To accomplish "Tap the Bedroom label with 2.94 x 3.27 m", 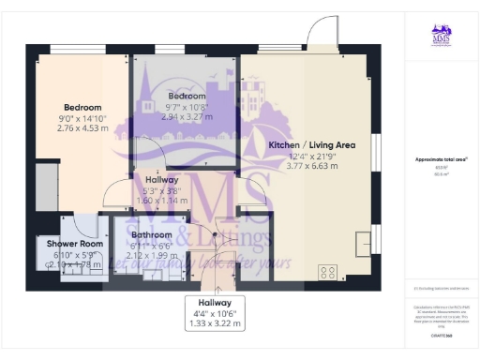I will coord(185,97).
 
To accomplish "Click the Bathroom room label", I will coord(151,235).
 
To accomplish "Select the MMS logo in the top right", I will coord(441,36).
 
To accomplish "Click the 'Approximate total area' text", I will coord(440,159).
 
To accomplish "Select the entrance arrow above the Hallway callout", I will coord(217,281).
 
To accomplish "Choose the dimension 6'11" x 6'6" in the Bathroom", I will coord(151,246).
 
